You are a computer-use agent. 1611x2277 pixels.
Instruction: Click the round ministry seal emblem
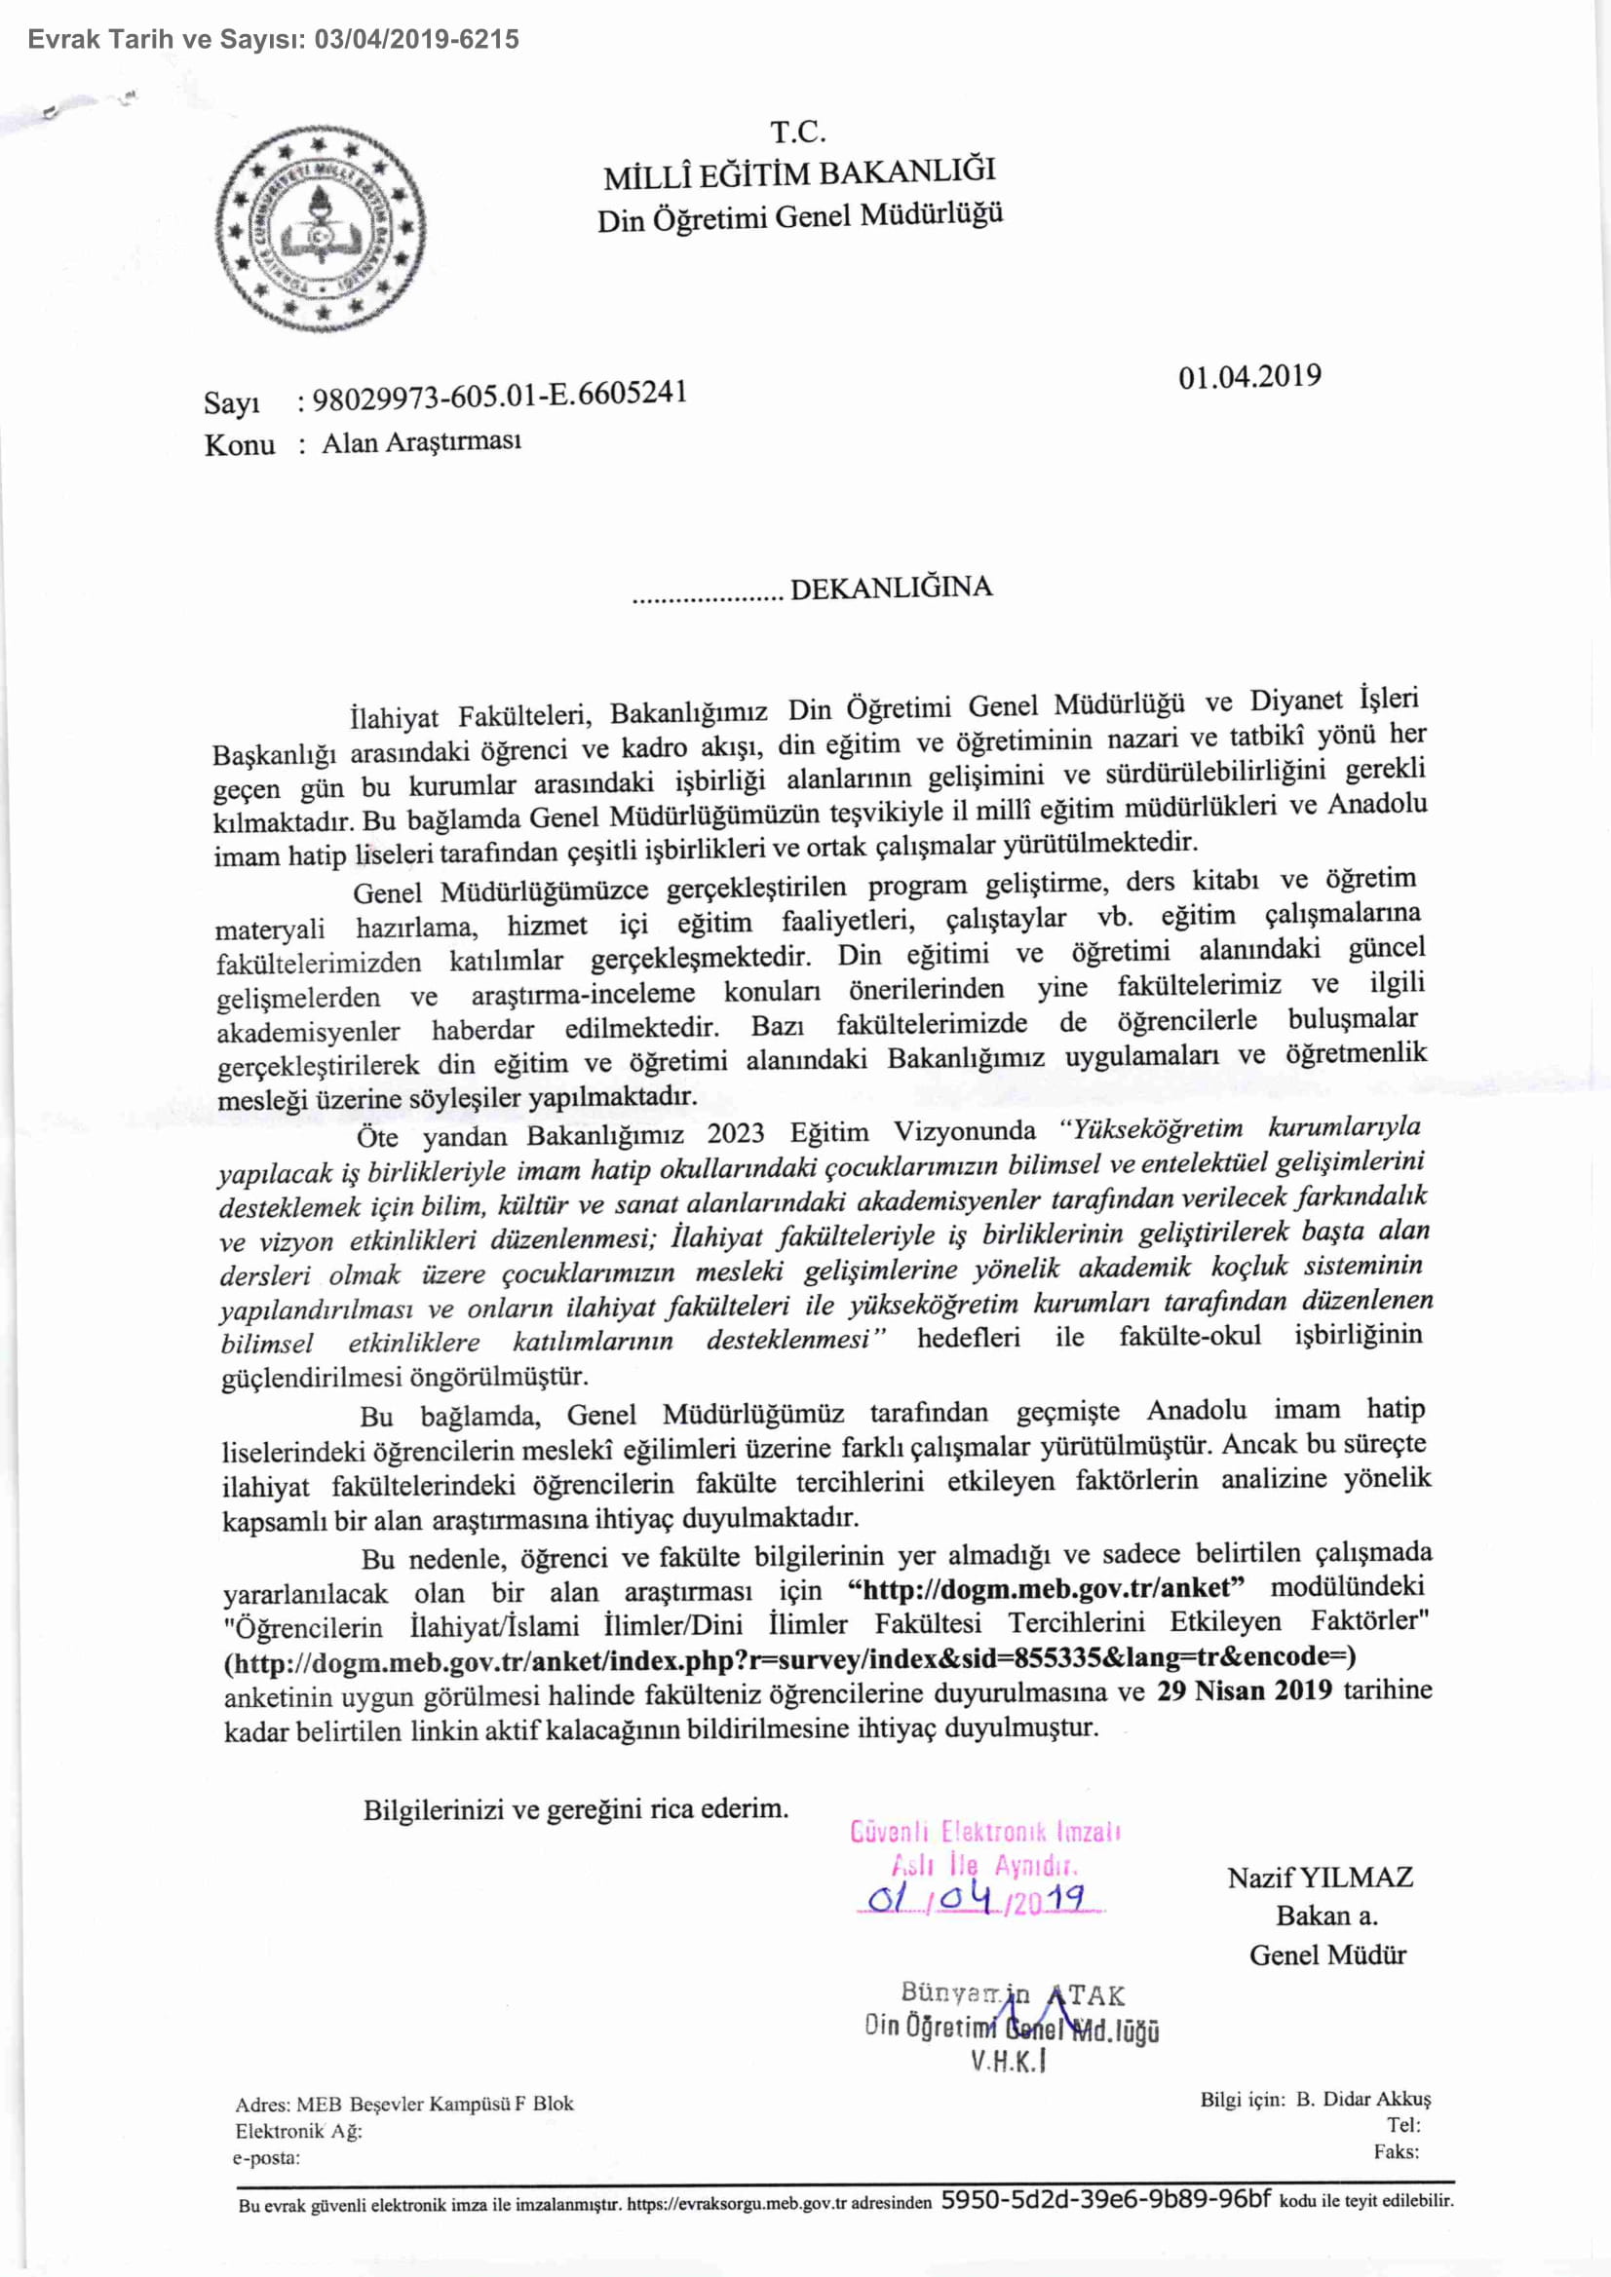(320, 230)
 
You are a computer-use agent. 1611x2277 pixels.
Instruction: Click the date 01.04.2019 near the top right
(1248, 377)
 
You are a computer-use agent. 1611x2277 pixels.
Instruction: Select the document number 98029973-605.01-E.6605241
(499, 396)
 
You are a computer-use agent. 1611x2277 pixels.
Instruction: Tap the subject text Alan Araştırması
(422, 442)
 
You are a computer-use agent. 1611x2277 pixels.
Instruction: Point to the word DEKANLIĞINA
(891, 588)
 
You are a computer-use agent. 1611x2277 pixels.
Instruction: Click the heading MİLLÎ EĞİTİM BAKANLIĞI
(798, 173)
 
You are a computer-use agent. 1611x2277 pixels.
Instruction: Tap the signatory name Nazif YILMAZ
(1320, 1878)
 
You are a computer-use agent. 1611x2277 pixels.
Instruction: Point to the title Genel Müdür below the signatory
(1327, 1954)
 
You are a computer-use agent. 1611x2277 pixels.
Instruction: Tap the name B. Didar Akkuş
(1363, 2100)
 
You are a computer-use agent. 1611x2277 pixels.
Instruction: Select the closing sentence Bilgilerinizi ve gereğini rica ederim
(575, 1809)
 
